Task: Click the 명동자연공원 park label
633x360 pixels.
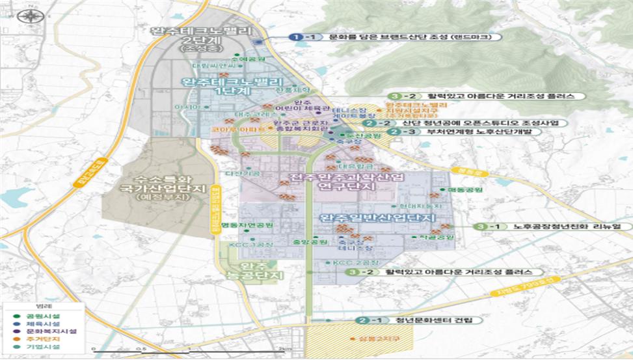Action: [247, 225]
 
